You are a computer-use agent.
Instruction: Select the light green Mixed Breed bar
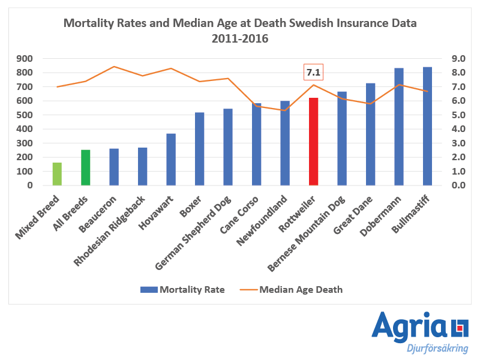pos(57,174)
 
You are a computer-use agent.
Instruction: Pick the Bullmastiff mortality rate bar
pos(427,126)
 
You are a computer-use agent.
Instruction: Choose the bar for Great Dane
pos(370,134)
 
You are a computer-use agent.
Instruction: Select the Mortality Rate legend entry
pos(182,289)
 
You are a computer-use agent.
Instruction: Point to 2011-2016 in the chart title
pos(240,38)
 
